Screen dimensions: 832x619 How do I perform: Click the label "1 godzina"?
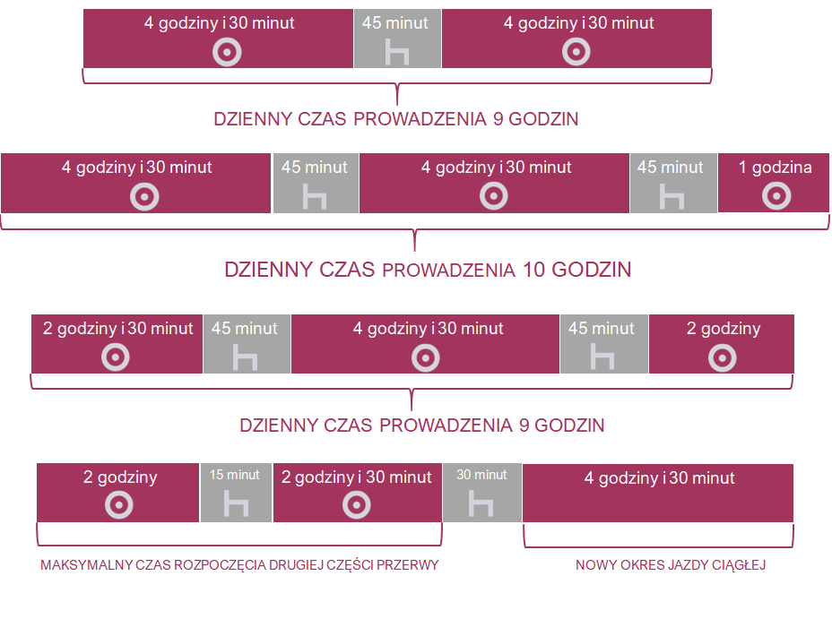(x=775, y=168)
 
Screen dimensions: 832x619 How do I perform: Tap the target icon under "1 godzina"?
(x=776, y=196)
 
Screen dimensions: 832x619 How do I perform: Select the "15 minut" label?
(x=235, y=475)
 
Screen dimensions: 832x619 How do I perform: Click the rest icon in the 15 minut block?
(x=236, y=503)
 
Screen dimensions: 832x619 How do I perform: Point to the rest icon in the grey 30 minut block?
(x=481, y=503)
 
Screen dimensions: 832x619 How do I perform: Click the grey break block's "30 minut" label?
(x=481, y=475)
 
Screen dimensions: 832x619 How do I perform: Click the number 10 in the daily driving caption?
(x=533, y=270)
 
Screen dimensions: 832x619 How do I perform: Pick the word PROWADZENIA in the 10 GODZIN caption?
(x=448, y=271)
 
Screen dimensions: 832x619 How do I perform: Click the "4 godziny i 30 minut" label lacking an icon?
(x=660, y=478)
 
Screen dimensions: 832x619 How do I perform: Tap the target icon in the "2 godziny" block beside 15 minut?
(x=119, y=504)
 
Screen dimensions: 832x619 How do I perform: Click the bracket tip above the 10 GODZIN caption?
(x=414, y=250)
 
